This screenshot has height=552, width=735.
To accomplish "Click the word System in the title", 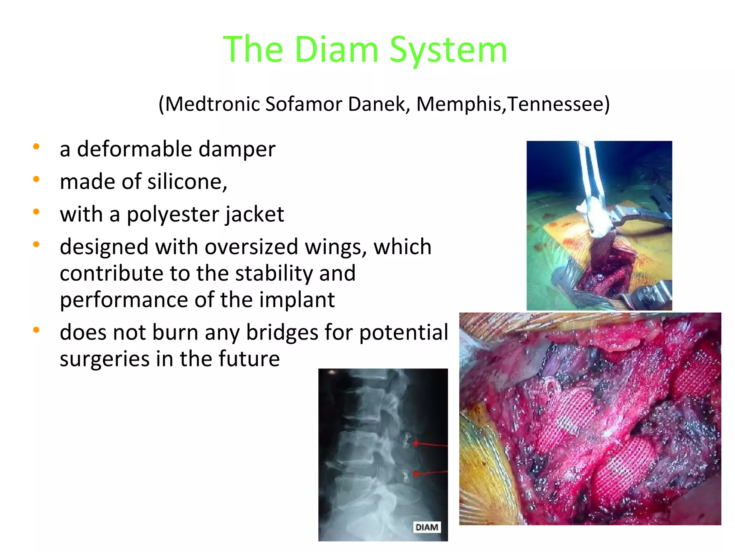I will pos(448,50).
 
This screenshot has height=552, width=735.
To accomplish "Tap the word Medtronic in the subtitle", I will pos(212,104).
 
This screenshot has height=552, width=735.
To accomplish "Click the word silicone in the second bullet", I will pos(185,181).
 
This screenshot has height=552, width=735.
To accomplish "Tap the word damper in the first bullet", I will pos(237,149).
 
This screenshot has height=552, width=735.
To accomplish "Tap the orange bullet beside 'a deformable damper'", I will pos(36,146).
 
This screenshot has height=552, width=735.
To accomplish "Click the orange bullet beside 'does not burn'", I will pos(36,330).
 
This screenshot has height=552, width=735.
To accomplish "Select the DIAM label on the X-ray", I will pos(427,527).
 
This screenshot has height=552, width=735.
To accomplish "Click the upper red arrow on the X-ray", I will pos(431,445).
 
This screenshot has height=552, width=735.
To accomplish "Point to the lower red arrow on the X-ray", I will pos(431,473).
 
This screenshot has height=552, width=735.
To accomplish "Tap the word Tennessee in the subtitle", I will pos(558,104).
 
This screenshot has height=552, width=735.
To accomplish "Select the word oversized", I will pos(251,247).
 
